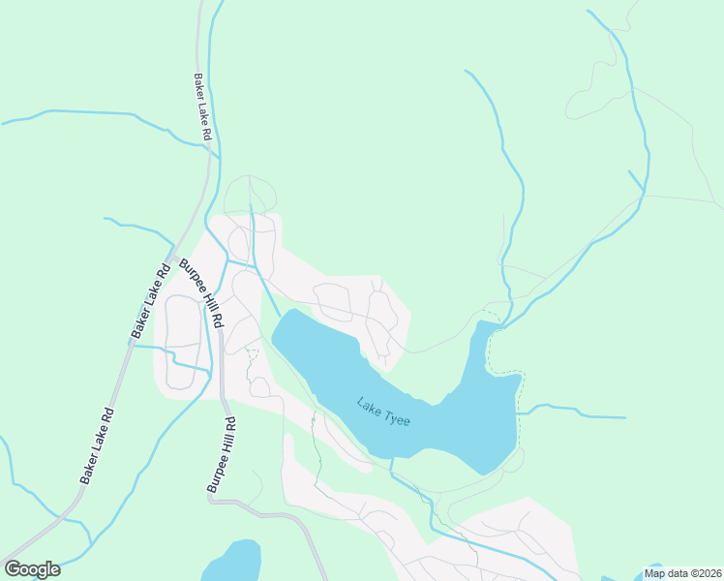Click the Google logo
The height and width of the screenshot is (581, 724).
tap(32, 569)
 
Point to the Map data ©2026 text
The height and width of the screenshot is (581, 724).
tap(682, 573)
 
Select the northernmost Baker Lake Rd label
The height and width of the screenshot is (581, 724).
tap(201, 107)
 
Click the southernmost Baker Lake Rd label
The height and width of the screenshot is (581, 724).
tap(98, 446)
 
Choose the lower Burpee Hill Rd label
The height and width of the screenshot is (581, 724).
tap(221, 455)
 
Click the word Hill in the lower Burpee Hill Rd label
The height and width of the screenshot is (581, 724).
tap(221, 456)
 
